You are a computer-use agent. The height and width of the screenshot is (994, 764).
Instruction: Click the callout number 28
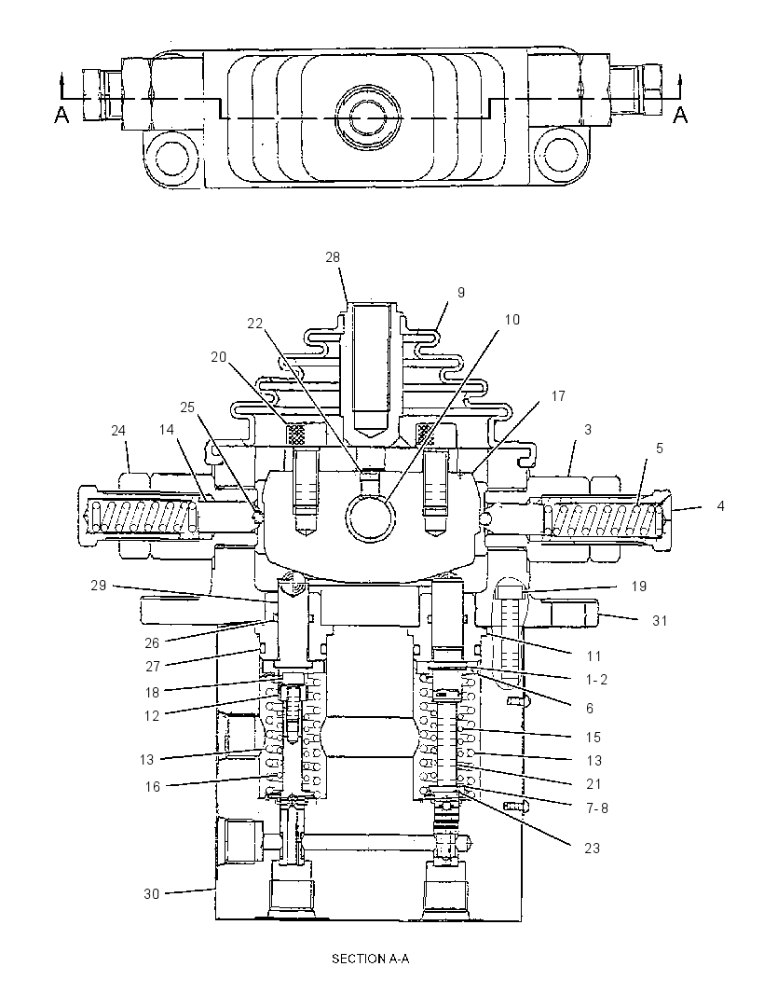click(x=333, y=256)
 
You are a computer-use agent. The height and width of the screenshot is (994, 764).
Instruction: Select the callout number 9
click(x=461, y=292)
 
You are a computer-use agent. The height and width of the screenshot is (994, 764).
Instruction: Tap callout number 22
click(x=254, y=324)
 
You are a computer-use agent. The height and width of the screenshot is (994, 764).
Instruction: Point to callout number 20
click(x=219, y=357)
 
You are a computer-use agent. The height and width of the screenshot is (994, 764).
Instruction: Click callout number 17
click(x=558, y=396)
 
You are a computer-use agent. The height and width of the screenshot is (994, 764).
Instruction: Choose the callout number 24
click(x=118, y=431)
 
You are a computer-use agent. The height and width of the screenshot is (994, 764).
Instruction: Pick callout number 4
click(x=720, y=506)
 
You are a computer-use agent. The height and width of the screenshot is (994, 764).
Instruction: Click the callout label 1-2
click(x=596, y=680)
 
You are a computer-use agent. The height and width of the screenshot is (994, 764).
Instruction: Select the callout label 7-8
click(x=596, y=808)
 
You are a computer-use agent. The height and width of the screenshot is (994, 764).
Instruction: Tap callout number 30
click(x=152, y=894)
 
